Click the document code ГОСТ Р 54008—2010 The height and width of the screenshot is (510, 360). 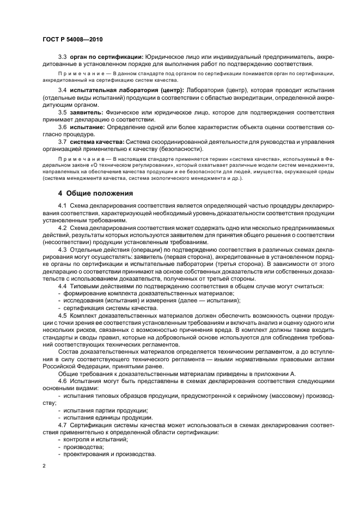point(72,39)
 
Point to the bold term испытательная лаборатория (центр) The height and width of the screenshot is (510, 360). point(127,89)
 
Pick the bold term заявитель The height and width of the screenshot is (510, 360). point(87,112)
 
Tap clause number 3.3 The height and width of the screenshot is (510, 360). point(62,57)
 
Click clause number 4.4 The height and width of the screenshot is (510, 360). point(62,286)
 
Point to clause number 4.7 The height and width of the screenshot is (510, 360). point(62,424)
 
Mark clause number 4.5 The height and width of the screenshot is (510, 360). point(62,315)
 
